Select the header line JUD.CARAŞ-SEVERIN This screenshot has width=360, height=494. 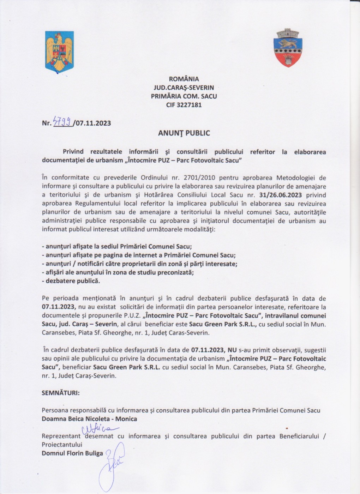(184, 88)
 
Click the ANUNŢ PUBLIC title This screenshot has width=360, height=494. (184, 133)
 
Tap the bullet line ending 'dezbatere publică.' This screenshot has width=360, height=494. (71, 281)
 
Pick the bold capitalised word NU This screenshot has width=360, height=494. (232, 350)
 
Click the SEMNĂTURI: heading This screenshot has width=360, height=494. (60, 393)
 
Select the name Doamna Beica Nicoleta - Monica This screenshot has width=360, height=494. (89, 419)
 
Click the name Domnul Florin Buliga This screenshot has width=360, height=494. (72, 453)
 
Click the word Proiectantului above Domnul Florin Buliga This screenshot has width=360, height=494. (62, 445)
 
